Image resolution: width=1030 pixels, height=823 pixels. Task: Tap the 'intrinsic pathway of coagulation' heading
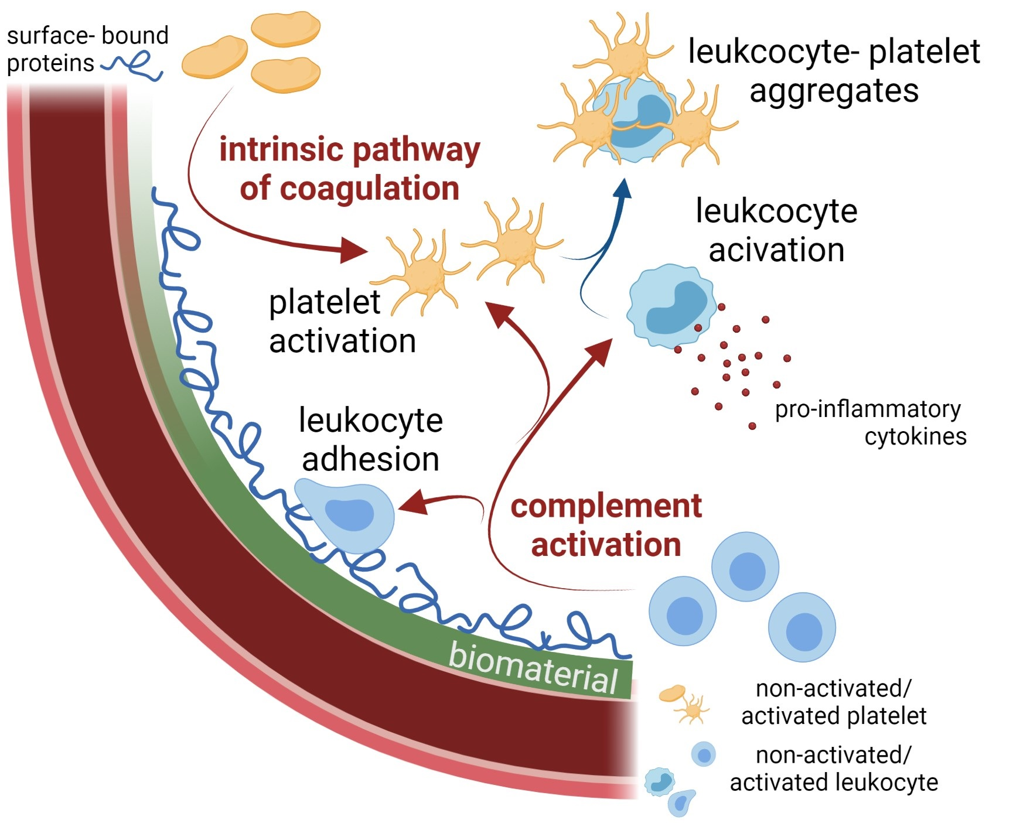(x=349, y=169)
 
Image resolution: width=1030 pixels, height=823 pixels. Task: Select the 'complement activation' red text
(x=606, y=525)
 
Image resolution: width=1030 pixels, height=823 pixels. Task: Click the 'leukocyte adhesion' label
(x=370, y=439)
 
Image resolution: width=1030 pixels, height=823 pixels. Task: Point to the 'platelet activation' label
(x=342, y=322)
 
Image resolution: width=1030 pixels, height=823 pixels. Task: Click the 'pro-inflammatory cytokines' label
(x=870, y=422)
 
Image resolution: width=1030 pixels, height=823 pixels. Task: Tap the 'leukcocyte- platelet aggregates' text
(x=834, y=71)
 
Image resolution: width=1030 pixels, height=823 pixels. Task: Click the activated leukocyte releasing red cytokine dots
(x=671, y=306)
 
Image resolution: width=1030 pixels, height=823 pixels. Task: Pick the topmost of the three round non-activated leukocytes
(x=745, y=566)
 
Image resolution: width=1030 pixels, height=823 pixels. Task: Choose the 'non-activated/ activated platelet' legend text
(x=834, y=702)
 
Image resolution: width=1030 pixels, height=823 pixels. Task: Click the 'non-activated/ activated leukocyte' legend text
(x=834, y=769)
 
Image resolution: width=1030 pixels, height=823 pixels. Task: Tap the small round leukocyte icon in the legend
(x=703, y=754)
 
